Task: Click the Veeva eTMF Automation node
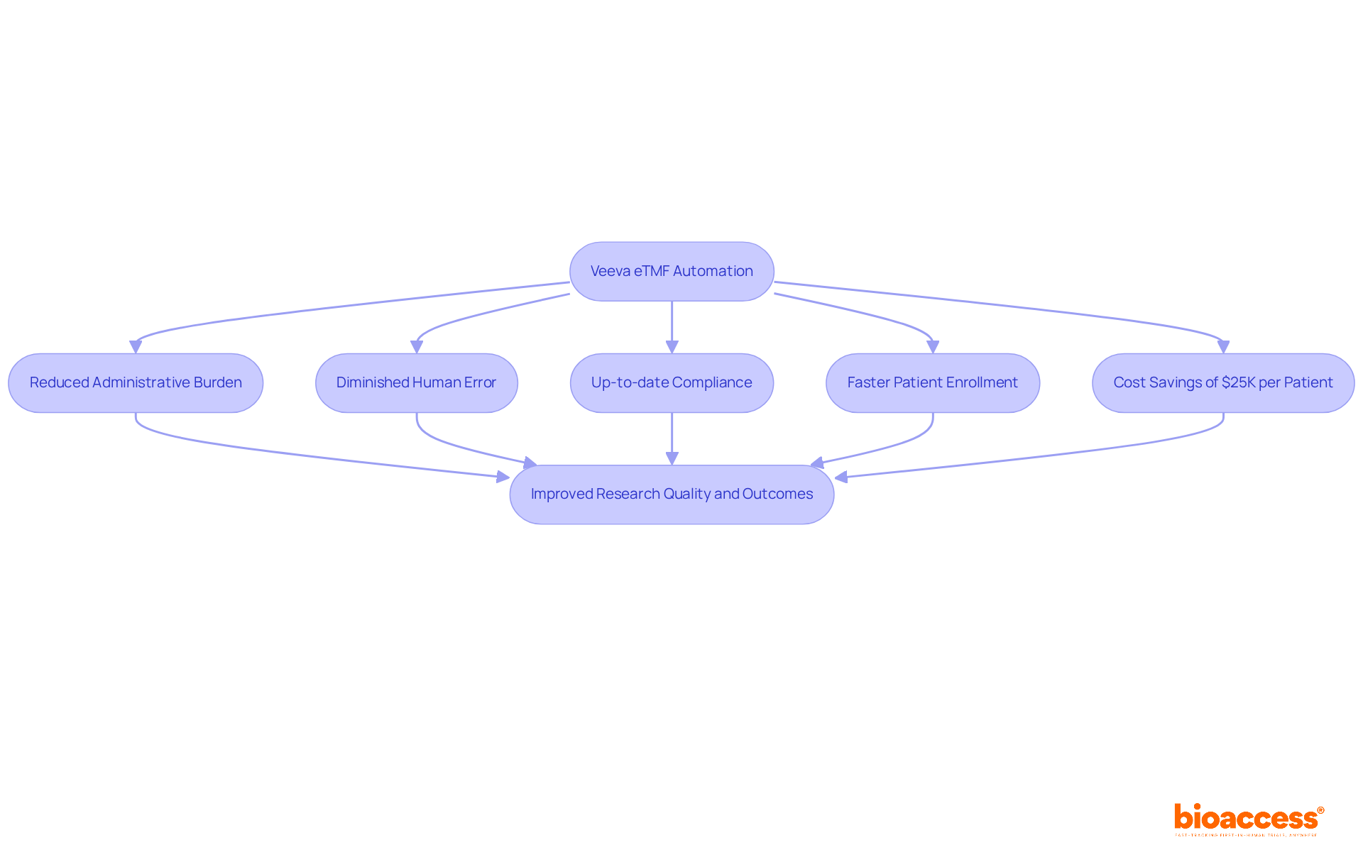pos(672,271)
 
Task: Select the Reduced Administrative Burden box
pos(136,382)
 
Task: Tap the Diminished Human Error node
pos(416,382)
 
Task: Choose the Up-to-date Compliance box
pos(672,382)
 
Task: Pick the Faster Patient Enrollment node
pos(932,382)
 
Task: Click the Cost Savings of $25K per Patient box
pos(1222,382)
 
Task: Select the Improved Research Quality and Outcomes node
pos(672,494)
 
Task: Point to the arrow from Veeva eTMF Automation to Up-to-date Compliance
pos(672,323)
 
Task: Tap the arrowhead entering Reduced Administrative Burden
pos(136,347)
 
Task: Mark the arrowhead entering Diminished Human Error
pos(417,347)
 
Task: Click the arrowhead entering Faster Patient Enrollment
pos(933,347)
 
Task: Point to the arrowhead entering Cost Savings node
pos(1223,347)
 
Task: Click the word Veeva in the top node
pos(610,271)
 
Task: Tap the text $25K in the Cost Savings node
pos(1238,382)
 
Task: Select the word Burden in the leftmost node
pos(217,382)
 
